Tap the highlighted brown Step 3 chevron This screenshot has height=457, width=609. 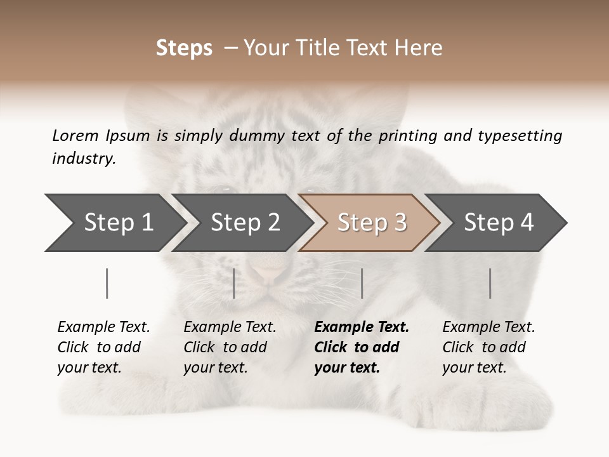371,223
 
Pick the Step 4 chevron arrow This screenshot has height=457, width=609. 498,223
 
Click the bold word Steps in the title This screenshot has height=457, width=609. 184,48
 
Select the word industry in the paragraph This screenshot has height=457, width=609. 83,158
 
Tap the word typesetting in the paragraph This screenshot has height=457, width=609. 520,136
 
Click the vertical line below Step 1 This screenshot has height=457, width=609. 107,283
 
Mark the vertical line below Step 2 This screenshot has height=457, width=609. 234,283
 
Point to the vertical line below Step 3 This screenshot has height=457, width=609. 362,283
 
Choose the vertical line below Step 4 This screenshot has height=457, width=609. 490,283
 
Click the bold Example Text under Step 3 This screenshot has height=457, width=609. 362,328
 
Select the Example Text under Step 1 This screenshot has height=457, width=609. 103,328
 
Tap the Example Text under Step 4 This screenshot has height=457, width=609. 488,328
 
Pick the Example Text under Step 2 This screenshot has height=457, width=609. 230,328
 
